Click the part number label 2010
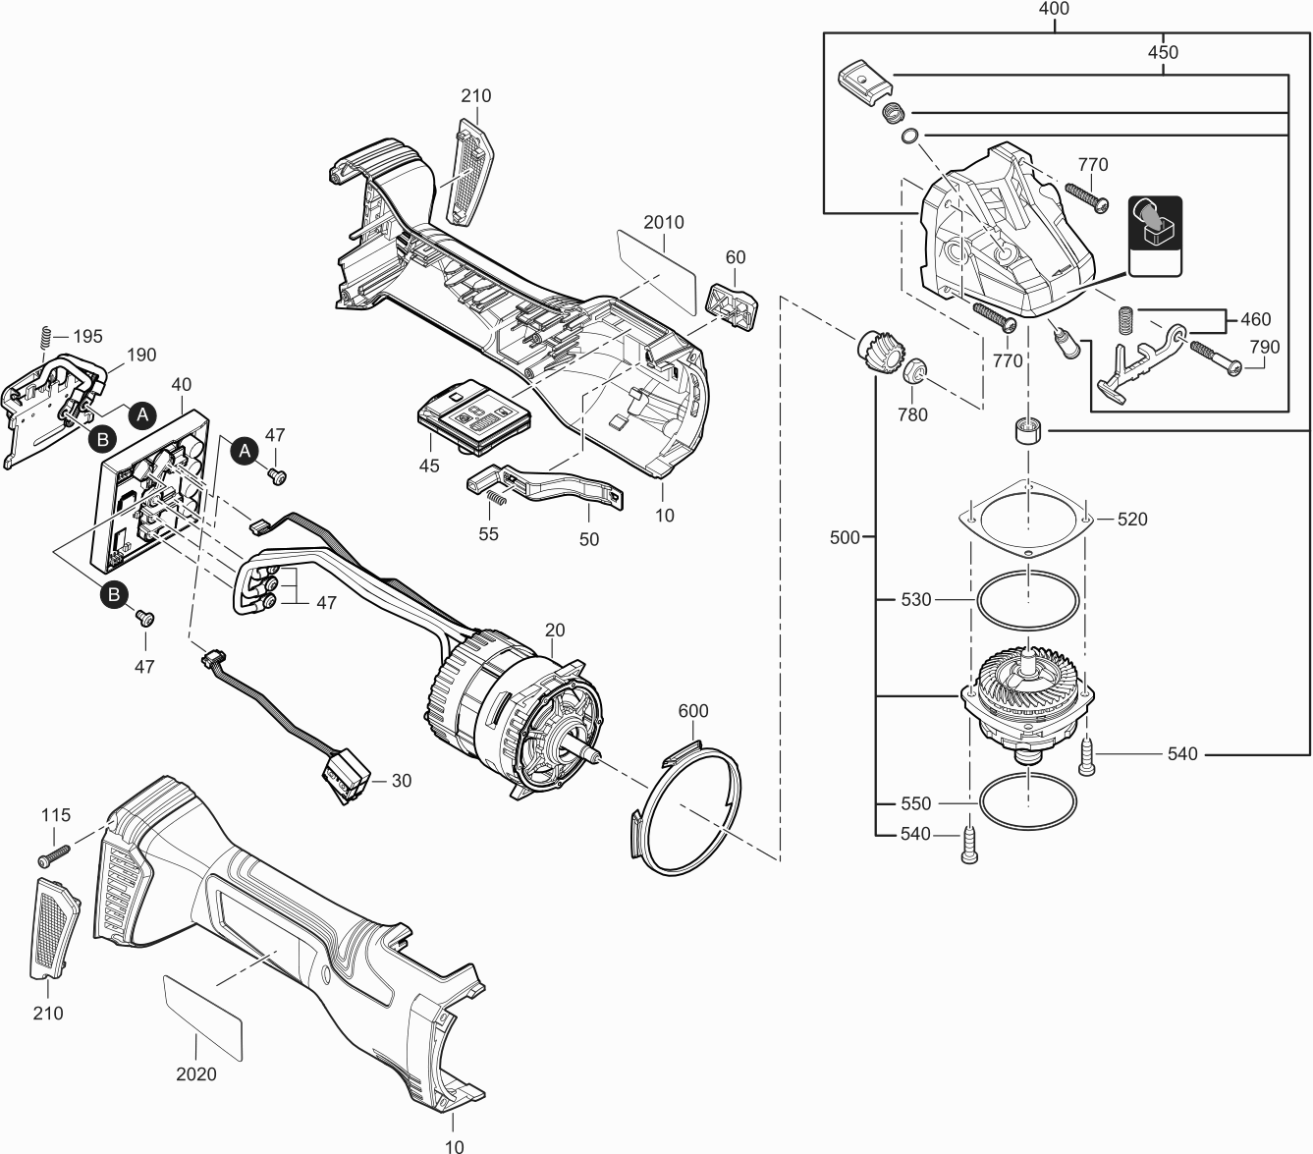click(x=664, y=222)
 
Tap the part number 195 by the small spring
click(x=87, y=337)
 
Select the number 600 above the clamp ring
click(x=692, y=711)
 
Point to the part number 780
click(x=912, y=414)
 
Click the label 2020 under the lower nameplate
click(x=196, y=1074)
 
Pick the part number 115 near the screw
click(x=56, y=815)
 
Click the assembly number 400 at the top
click(x=1054, y=9)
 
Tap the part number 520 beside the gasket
click(x=1132, y=520)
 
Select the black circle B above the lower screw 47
click(x=114, y=594)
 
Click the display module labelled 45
click(x=475, y=416)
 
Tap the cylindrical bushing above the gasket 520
click(x=1028, y=432)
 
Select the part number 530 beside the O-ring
click(x=915, y=600)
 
